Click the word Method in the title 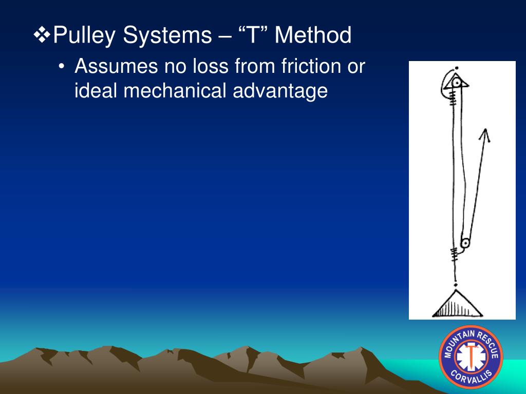click(x=313, y=36)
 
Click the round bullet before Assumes click(x=62, y=67)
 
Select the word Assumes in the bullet click(x=116, y=66)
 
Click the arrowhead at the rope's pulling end click(x=483, y=135)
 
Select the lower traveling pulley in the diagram click(x=465, y=243)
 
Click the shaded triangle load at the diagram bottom click(x=457, y=305)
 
